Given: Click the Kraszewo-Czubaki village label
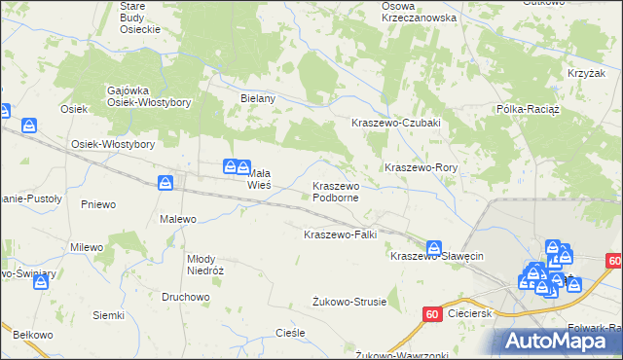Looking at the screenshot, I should tap(396, 123).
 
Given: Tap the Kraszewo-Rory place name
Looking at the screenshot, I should tap(421, 167).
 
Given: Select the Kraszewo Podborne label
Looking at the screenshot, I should tap(336, 191).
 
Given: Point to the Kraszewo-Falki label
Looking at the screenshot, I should tap(340, 234).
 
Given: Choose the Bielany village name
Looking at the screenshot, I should tap(259, 98).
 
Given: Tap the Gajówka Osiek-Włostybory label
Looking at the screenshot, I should tap(148, 96).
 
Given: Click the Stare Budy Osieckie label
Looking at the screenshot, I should tap(139, 18).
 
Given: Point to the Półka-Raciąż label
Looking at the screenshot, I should tap(526, 109).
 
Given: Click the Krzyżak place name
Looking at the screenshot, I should tap(582, 74).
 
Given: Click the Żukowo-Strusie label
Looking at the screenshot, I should tap(349, 302).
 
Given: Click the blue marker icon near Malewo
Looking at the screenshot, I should tap(166, 182).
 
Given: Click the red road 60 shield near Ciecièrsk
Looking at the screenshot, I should tap(432, 313).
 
